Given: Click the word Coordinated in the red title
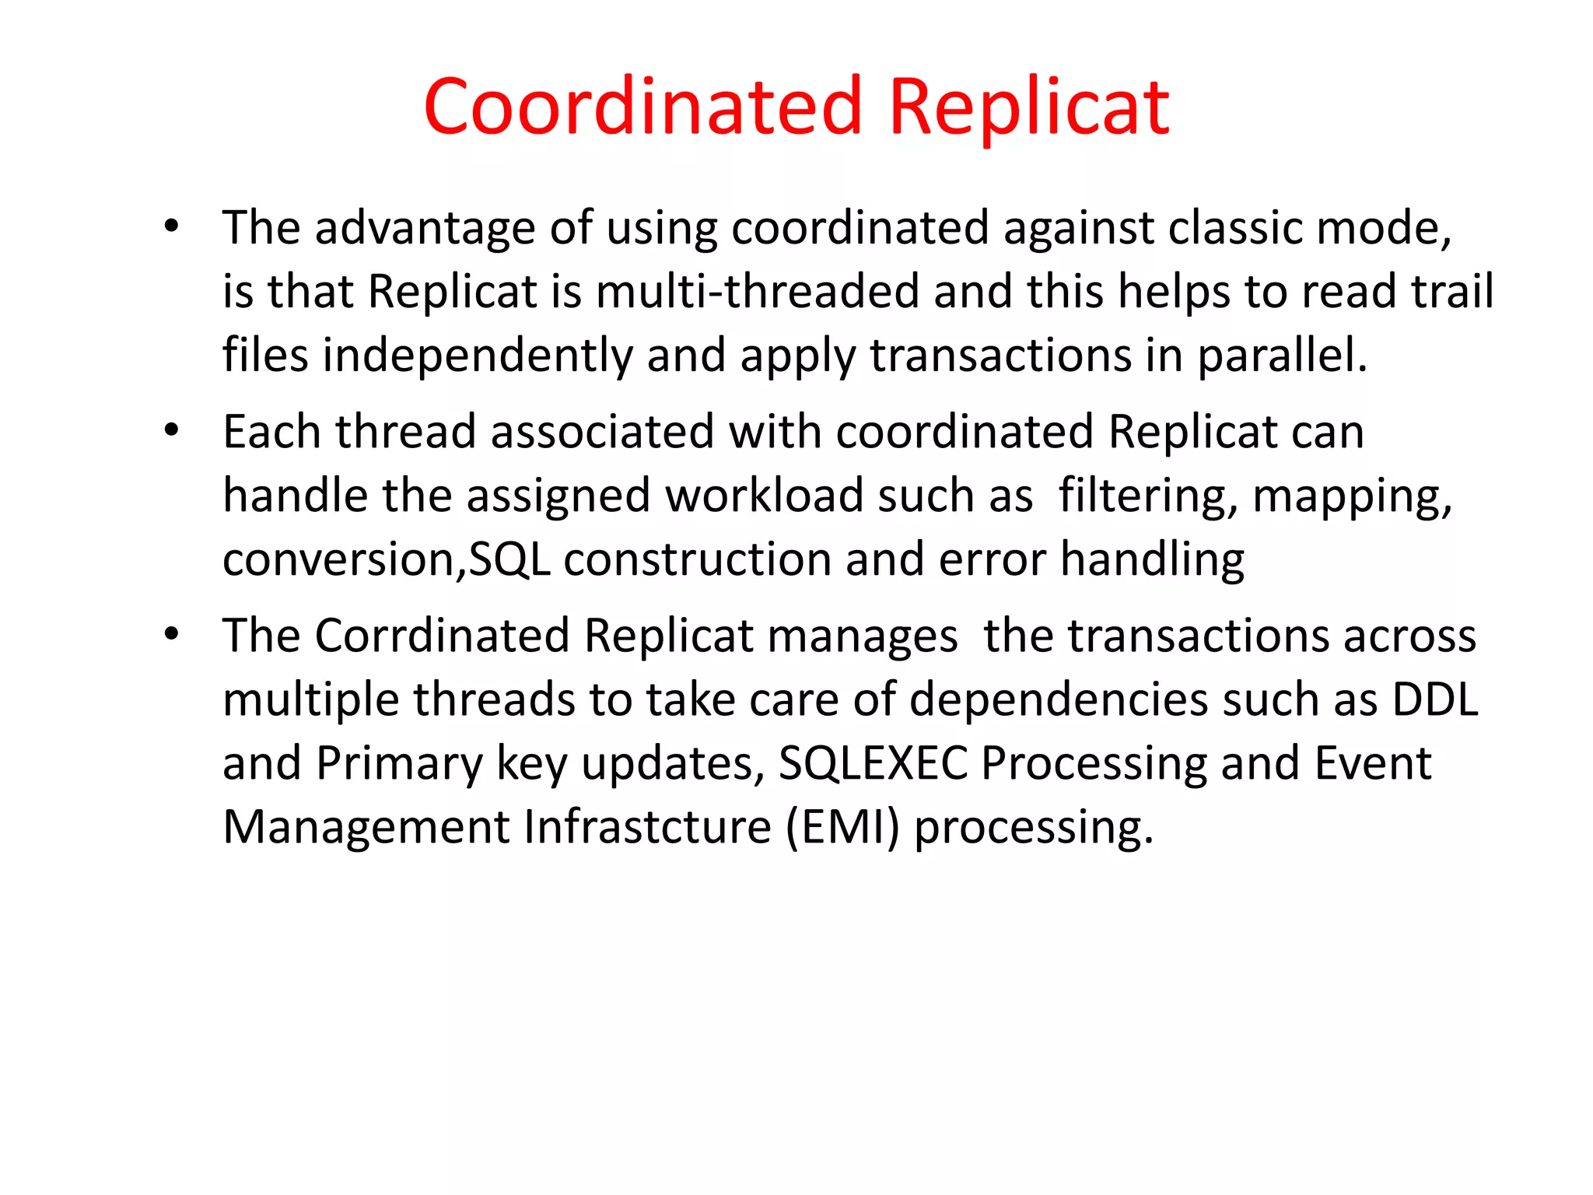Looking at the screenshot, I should pyautogui.click(x=642, y=107).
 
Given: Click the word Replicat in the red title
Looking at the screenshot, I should pyautogui.click(x=1028, y=107).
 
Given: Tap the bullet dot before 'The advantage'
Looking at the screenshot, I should pyautogui.click(x=172, y=227).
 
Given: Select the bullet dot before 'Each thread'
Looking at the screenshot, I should pyautogui.click(x=172, y=430).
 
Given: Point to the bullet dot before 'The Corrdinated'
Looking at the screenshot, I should pyautogui.click(x=172, y=634).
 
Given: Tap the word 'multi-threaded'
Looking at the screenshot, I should pyautogui.click(x=758, y=292).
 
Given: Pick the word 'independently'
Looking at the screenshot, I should pyautogui.click(x=478, y=356).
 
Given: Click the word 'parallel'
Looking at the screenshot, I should pyautogui.click(x=1280, y=356).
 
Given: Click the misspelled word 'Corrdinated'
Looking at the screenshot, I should pyautogui.click(x=443, y=636).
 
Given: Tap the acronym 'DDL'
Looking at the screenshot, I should pyautogui.click(x=1434, y=699).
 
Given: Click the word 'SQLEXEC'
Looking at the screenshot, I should pyautogui.click(x=873, y=763).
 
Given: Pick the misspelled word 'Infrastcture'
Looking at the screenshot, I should pyautogui.click(x=647, y=827).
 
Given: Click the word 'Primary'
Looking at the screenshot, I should pyautogui.click(x=399, y=763).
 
